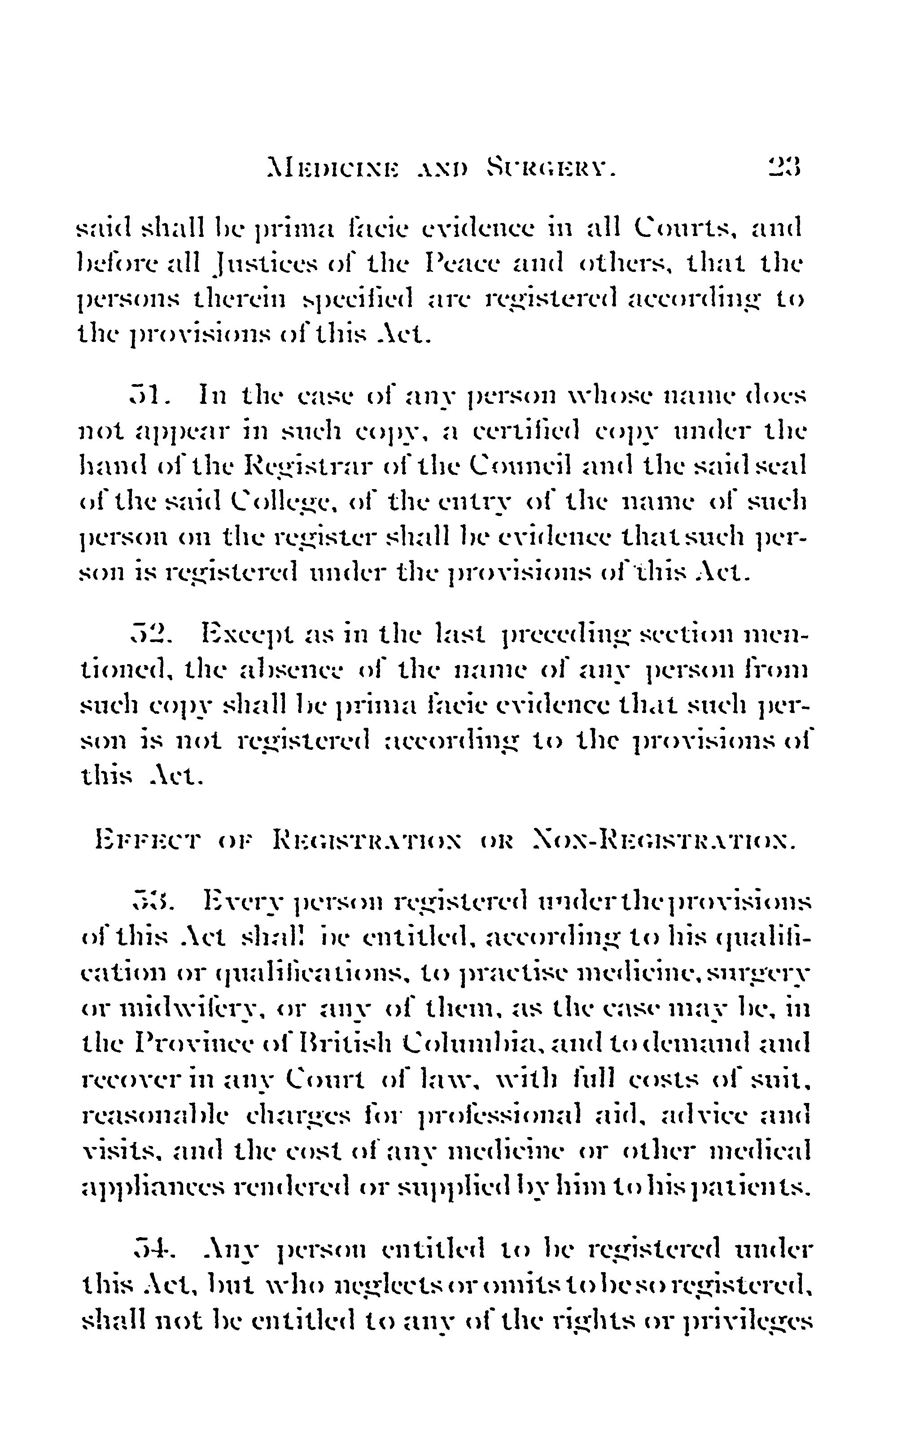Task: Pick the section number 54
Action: pyautogui.click(x=151, y=1248)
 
